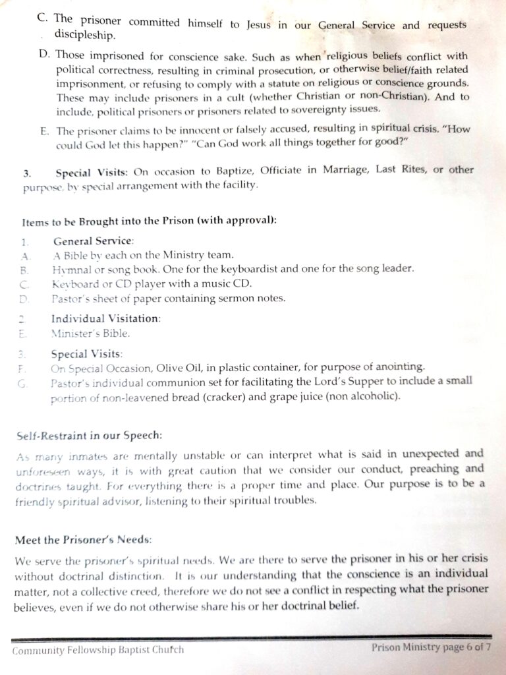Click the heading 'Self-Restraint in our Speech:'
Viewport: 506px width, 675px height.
pyautogui.click(x=88, y=436)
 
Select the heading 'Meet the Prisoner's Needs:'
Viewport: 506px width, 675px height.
pyautogui.click(x=84, y=539)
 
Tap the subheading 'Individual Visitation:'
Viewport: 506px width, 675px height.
pyautogui.click(x=105, y=318)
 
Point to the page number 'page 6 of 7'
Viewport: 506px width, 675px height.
pyautogui.click(x=461, y=647)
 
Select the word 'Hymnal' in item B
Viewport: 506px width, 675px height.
pyautogui.click(x=70, y=270)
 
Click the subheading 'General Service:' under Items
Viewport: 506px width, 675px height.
pyautogui.click(x=94, y=241)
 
